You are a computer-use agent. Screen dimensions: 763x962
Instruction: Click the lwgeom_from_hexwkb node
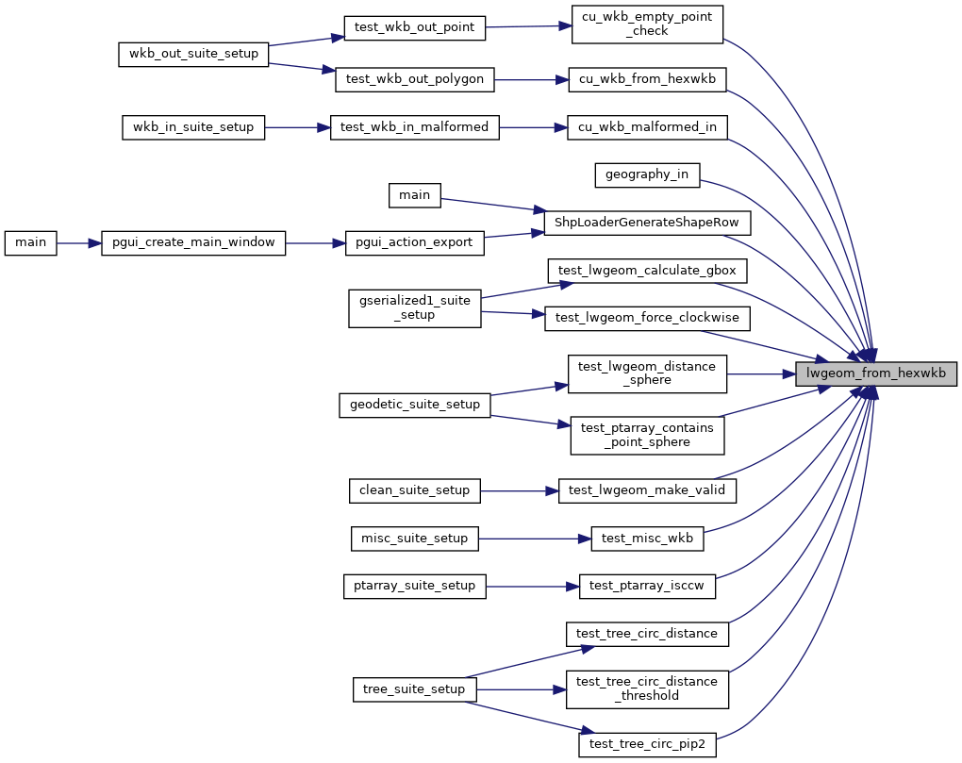click(x=876, y=373)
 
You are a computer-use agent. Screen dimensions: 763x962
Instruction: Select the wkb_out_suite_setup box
click(x=194, y=54)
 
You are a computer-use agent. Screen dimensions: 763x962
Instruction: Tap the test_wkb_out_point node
click(x=414, y=28)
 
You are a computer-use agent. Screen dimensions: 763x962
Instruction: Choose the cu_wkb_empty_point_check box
click(x=647, y=24)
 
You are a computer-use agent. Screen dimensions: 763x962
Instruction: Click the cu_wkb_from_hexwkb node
click(x=647, y=79)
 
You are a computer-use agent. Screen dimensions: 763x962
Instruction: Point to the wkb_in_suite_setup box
click(x=193, y=127)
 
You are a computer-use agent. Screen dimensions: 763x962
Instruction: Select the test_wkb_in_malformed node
click(x=414, y=127)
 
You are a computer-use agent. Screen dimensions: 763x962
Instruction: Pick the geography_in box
click(x=647, y=174)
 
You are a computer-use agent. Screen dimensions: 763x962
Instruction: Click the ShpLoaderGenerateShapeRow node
click(x=647, y=223)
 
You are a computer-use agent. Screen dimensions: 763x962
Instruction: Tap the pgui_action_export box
click(x=414, y=242)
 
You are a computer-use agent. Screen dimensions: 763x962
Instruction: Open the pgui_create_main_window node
click(x=193, y=242)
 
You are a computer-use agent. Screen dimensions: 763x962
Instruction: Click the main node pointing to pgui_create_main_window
click(x=31, y=242)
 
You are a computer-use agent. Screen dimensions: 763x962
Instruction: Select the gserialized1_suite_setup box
click(x=414, y=307)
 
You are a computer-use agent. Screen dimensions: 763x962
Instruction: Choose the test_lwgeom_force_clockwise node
click(x=647, y=318)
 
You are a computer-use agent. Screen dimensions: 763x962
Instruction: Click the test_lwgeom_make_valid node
click(x=647, y=490)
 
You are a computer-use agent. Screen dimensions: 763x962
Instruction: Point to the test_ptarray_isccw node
click(x=647, y=586)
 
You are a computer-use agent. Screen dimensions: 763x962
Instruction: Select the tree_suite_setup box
click(x=414, y=688)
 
